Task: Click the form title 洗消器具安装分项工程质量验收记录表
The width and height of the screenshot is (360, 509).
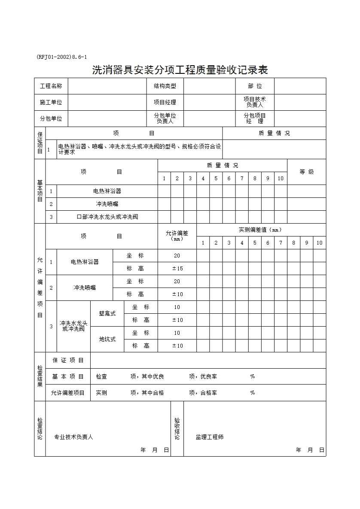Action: pyautogui.click(x=180, y=70)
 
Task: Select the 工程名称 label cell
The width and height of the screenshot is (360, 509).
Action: pyautogui.click(x=51, y=86)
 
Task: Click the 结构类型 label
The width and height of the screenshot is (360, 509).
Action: pyautogui.click(x=165, y=86)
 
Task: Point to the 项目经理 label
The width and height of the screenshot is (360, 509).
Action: pyautogui.click(x=165, y=103)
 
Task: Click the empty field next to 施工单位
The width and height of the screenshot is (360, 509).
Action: pyautogui.click(x=107, y=103)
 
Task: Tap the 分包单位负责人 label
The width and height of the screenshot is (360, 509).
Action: pyautogui.click(x=165, y=118)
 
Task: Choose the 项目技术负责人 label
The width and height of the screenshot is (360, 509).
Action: pyautogui.click(x=255, y=102)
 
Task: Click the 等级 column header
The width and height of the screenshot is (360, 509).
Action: pyautogui.click(x=306, y=172)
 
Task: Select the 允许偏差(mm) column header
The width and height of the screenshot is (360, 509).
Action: pyautogui.click(x=177, y=236)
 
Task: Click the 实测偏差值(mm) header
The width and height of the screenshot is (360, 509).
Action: pyautogui.click(x=261, y=230)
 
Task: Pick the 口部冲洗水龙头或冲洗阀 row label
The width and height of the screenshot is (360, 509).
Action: pyautogui.click(x=107, y=217)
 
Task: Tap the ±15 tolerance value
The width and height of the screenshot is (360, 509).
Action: pyautogui.click(x=177, y=269)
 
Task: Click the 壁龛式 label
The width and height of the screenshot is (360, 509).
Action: pyautogui.click(x=107, y=314)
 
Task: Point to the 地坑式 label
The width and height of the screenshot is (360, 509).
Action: pyautogui.click(x=107, y=339)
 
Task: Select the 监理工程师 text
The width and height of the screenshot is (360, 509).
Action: pyautogui.click(x=210, y=437)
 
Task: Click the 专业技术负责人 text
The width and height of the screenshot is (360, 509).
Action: pyautogui.click(x=73, y=437)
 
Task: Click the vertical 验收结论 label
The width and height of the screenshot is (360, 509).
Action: pyautogui.click(x=177, y=428)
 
